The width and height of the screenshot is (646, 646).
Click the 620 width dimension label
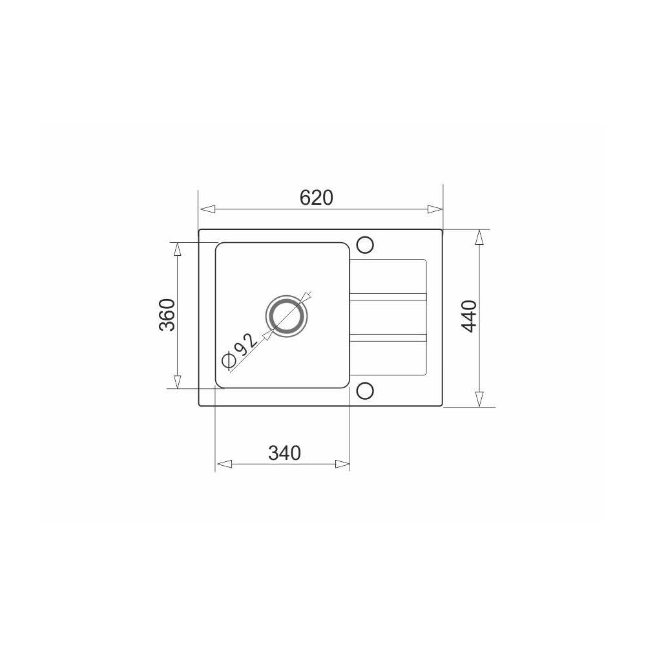point(316,198)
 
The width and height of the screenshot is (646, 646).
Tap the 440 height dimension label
point(469,317)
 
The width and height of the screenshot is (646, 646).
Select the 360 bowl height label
point(167,315)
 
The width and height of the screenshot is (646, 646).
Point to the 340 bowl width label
point(284,453)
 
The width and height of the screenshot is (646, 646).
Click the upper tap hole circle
point(364,245)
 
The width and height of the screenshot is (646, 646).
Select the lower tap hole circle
point(364,391)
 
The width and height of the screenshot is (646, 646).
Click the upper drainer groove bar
point(388,297)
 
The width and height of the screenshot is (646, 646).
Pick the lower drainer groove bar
point(388,338)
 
